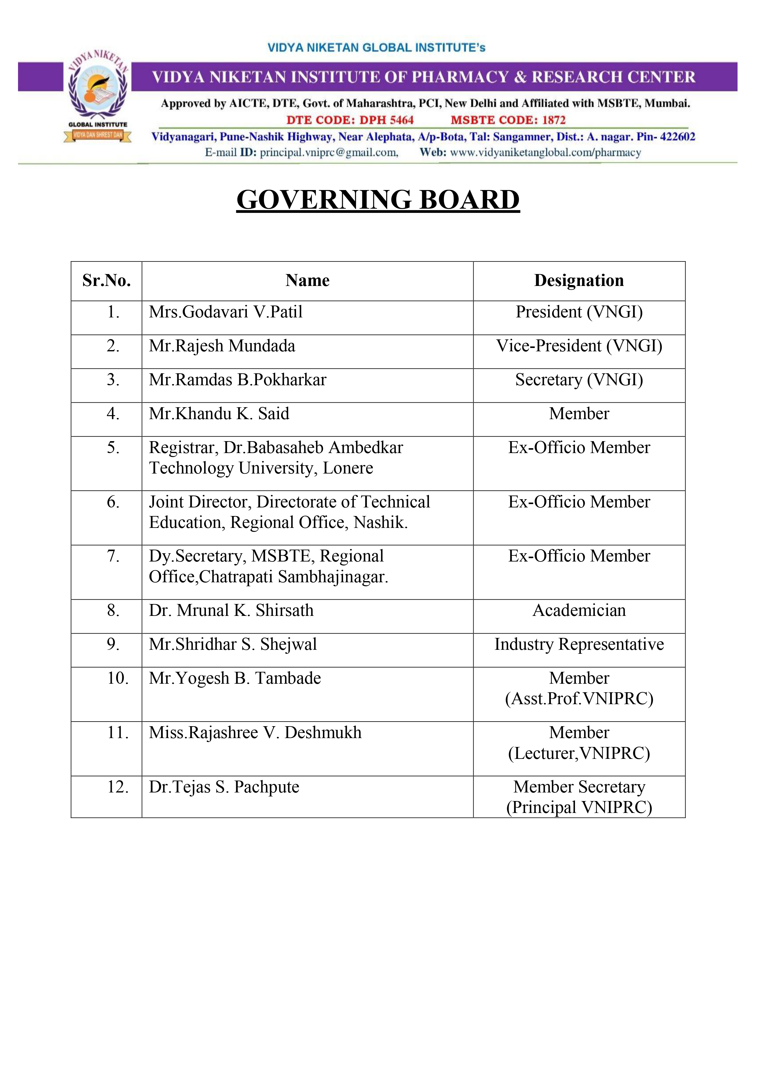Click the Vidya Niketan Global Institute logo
(97, 96)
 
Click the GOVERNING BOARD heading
(378, 200)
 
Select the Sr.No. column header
(107, 281)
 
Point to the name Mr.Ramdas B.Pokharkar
(237, 380)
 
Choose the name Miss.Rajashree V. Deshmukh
(255, 733)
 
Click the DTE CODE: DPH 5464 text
(350, 120)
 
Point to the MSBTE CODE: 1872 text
(508, 120)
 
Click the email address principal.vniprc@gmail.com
(329, 153)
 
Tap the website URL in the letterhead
(545, 153)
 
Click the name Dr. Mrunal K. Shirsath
(231, 611)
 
